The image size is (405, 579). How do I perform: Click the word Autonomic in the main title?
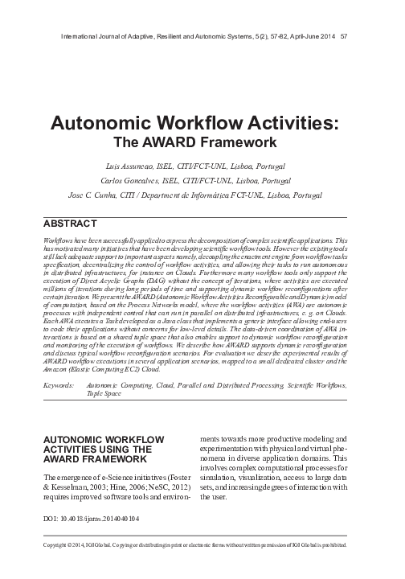point(106,123)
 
